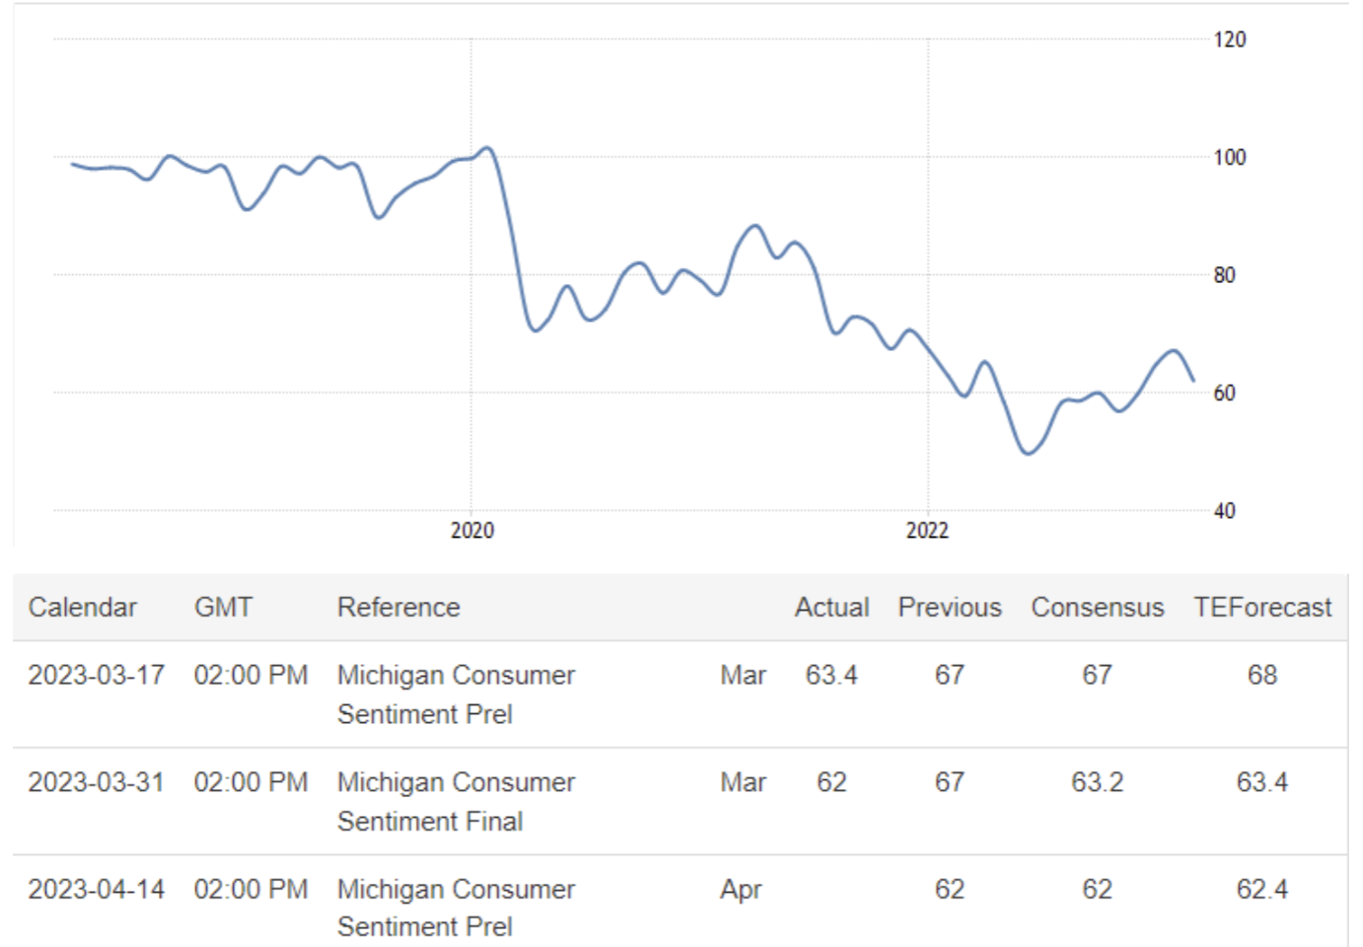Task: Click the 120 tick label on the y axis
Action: [x=1229, y=39]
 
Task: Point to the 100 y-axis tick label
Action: [x=1229, y=157]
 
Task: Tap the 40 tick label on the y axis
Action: [x=1224, y=511]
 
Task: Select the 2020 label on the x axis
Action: [x=472, y=531]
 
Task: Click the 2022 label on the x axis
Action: [x=927, y=531]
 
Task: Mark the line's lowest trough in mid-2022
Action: [x=1028, y=454]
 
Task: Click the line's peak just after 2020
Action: [x=487, y=148]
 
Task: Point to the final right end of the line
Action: [x=1193, y=380]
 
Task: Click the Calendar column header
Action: [x=82, y=608]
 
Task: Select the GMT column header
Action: [x=223, y=608]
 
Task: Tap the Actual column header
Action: [x=831, y=608]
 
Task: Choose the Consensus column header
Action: [x=1097, y=608]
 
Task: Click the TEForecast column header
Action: [x=1262, y=608]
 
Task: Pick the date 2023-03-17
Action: [x=96, y=676]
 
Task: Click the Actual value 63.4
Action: [x=831, y=676]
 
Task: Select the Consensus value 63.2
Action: [x=1097, y=782]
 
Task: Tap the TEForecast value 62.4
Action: [x=1262, y=890]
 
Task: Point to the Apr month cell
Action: [x=741, y=890]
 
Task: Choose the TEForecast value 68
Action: [x=1262, y=676]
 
